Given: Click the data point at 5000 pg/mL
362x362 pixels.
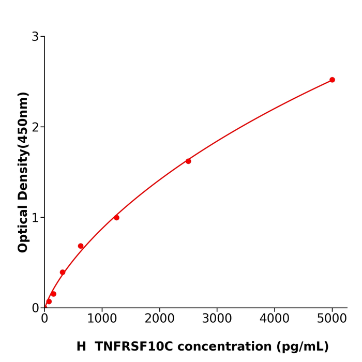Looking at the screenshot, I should [332, 80].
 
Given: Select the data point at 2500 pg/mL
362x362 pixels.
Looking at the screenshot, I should [188, 161].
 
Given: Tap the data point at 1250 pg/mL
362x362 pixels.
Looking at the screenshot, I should [116, 218].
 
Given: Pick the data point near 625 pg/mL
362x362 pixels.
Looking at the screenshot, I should [81, 246].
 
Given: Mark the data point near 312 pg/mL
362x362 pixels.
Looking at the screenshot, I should [63, 272].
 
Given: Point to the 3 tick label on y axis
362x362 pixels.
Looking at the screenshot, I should [35, 37].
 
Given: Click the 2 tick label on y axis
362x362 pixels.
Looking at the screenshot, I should [35, 127].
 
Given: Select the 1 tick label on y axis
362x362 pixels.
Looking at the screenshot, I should [35, 218].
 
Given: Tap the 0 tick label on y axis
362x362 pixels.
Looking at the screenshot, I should [35, 308].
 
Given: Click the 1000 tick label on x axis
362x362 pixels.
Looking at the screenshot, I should [102, 319].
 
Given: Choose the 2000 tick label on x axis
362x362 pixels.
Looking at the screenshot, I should [159, 319].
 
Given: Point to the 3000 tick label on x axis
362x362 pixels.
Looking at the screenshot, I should [217, 319].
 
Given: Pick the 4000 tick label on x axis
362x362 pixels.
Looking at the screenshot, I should [274, 319].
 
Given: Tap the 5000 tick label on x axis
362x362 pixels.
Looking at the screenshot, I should [332, 319].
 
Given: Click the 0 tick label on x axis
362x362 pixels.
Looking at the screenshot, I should [44, 319].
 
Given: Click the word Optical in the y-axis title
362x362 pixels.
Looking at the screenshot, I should [23, 227].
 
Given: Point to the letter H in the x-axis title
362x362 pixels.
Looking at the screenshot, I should [81, 346].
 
